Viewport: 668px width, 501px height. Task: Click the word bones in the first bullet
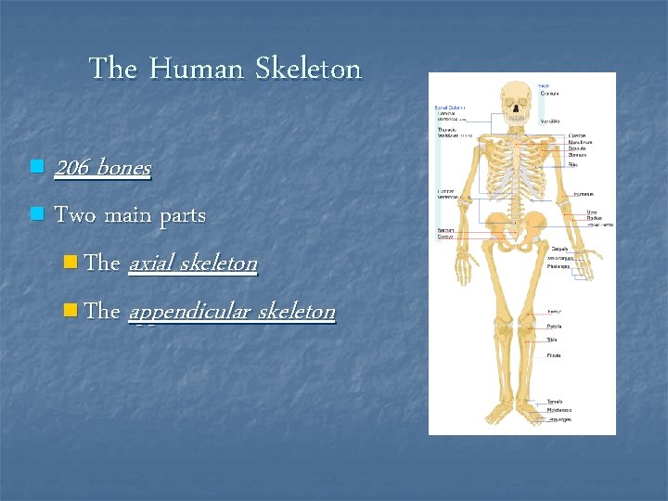tap(122, 168)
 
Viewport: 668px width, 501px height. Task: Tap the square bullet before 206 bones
tap(36, 168)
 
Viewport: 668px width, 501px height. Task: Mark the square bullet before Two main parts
tap(36, 215)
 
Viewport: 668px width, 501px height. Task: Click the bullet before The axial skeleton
tap(71, 263)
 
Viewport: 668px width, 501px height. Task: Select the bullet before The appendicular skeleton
tap(71, 312)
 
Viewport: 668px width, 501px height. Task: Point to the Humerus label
tap(584, 194)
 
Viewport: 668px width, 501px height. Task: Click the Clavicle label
tap(576, 135)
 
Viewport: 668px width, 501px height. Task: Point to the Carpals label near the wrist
tap(559, 249)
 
